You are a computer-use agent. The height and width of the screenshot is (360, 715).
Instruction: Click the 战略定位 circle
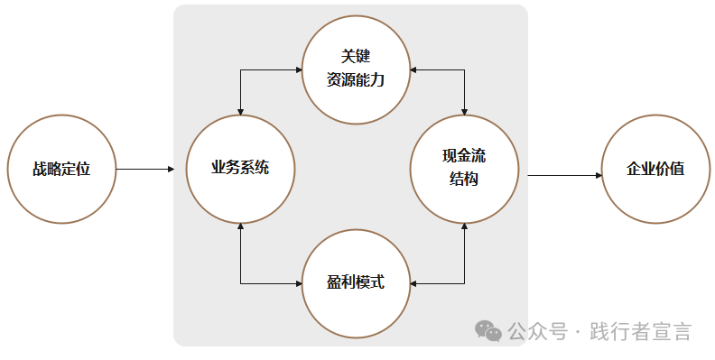pos(61,169)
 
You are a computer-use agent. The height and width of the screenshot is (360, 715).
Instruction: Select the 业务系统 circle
pos(240,169)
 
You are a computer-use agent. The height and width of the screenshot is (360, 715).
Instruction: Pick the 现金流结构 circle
pos(464,169)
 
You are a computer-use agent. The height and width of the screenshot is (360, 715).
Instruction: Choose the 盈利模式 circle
pos(356,282)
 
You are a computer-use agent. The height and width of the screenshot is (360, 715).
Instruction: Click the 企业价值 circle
pos(655,169)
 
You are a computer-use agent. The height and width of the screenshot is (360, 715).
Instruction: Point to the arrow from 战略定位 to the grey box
pos(144,169)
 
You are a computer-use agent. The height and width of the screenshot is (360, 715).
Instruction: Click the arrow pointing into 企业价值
pos(565,175)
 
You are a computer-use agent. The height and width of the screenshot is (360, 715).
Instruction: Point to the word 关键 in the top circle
pos(356,57)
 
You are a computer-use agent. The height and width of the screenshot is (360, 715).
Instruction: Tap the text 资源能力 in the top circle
pos(356,79)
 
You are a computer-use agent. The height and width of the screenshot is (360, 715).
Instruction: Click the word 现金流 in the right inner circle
pos(464,157)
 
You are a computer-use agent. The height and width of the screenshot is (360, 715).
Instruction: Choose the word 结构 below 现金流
pos(464,180)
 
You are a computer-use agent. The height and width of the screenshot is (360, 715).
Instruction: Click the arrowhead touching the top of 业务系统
pos(241,111)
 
